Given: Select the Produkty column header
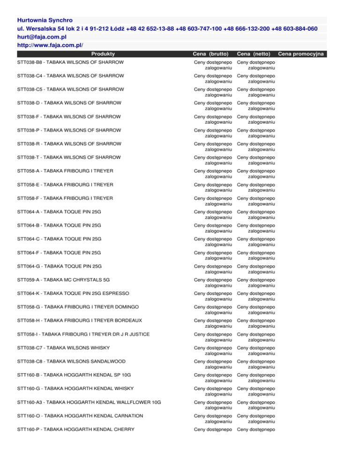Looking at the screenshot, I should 104,54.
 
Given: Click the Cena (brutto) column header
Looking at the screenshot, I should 212,54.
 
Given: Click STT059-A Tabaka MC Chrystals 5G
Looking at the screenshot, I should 64,279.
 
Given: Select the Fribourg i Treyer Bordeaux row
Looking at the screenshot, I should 80,320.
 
